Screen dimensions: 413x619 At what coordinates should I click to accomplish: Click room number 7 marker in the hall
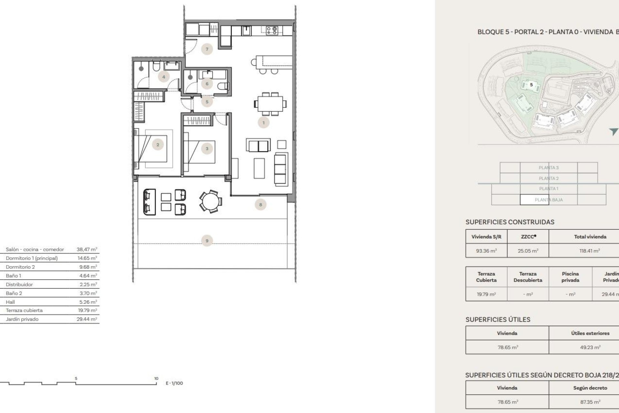pyautogui.click(x=207, y=49)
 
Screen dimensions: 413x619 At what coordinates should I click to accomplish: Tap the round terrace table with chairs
pyautogui.click(x=211, y=201)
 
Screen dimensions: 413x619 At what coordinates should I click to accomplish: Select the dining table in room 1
pyautogui.click(x=270, y=104)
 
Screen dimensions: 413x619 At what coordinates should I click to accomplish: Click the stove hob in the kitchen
pyautogui.click(x=272, y=31)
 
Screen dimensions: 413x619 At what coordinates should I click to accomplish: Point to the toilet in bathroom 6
pyautogui.click(x=223, y=86)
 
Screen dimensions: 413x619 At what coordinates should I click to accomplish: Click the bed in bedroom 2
pyautogui.click(x=153, y=148)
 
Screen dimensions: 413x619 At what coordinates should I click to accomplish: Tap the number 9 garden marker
pyautogui.click(x=207, y=241)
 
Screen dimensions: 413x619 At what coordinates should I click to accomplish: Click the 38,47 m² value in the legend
pyautogui.click(x=87, y=249)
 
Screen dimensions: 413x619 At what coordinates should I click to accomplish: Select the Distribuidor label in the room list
pyautogui.click(x=19, y=285)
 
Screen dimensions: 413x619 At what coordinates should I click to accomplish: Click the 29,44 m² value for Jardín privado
pyautogui.click(x=87, y=319)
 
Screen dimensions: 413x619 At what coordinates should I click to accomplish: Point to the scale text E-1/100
pyautogui.click(x=174, y=383)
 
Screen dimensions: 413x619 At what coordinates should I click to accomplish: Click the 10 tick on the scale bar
pyautogui.click(x=156, y=379)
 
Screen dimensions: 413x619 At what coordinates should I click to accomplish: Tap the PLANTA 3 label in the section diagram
pyautogui.click(x=548, y=168)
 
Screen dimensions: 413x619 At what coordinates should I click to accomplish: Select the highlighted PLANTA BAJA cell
pyautogui.click(x=548, y=200)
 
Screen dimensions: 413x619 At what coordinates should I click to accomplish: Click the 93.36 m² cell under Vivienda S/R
pyautogui.click(x=486, y=251)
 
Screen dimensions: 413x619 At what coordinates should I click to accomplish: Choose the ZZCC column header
pyautogui.click(x=528, y=237)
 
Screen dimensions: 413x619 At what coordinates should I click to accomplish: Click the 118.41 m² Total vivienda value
pyautogui.click(x=589, y=251)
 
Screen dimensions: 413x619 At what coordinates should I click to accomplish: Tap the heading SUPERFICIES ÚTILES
pyautogui.click(x=498, y=319)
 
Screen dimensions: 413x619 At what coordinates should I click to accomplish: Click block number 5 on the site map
pyautogui.click(x=531, y=85)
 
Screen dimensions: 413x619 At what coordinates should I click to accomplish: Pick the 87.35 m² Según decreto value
pyautogui.click(x=590, y=402)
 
